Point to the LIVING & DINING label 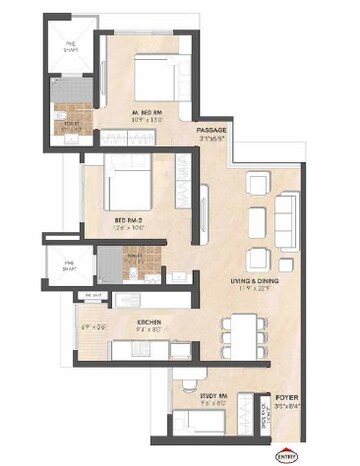click(255, 282)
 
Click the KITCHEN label click(151, 321)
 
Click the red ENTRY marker click(285, 453)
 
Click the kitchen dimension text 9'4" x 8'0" click(151, 330)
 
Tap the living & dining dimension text click(255, 291)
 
